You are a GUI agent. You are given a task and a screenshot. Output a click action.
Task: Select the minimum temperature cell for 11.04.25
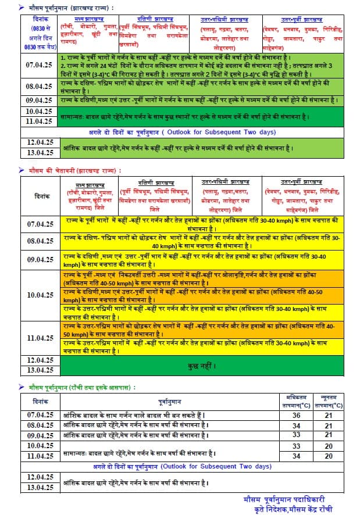point(329,456)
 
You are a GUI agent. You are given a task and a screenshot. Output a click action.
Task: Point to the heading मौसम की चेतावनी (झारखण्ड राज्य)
point(75,171)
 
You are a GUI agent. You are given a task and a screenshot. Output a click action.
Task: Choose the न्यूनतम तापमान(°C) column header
point(328,400)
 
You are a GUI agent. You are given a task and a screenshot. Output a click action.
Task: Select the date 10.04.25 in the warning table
point(40,295)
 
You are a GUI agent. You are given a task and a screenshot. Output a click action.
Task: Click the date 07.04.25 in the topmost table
point(40,66)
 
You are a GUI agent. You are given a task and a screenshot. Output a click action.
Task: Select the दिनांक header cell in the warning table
point(40,196)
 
